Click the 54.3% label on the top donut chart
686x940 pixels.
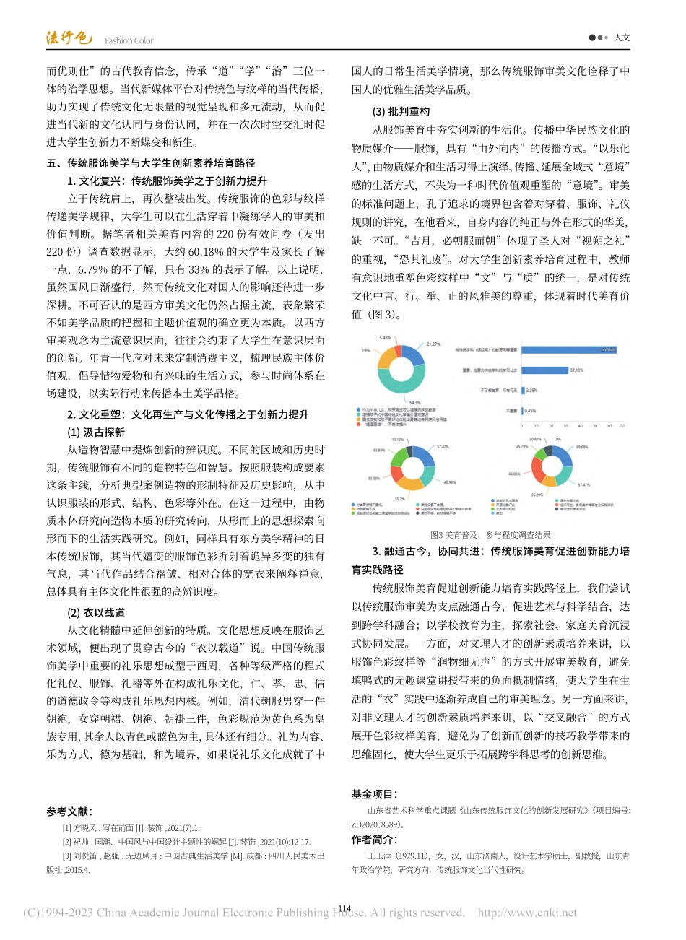414,403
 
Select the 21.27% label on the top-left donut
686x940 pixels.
433,344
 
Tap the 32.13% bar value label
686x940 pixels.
576,370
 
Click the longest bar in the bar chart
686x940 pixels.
568,349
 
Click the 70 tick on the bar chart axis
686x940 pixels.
622,426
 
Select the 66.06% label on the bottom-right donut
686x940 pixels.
514,474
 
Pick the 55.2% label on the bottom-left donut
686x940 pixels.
399,499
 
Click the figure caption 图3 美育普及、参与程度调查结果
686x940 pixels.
490,535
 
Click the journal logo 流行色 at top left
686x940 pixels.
69,38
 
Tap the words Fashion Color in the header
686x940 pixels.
129,41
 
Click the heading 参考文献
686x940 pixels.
69,812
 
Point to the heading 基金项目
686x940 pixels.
374,794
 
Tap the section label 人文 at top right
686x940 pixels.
622,38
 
